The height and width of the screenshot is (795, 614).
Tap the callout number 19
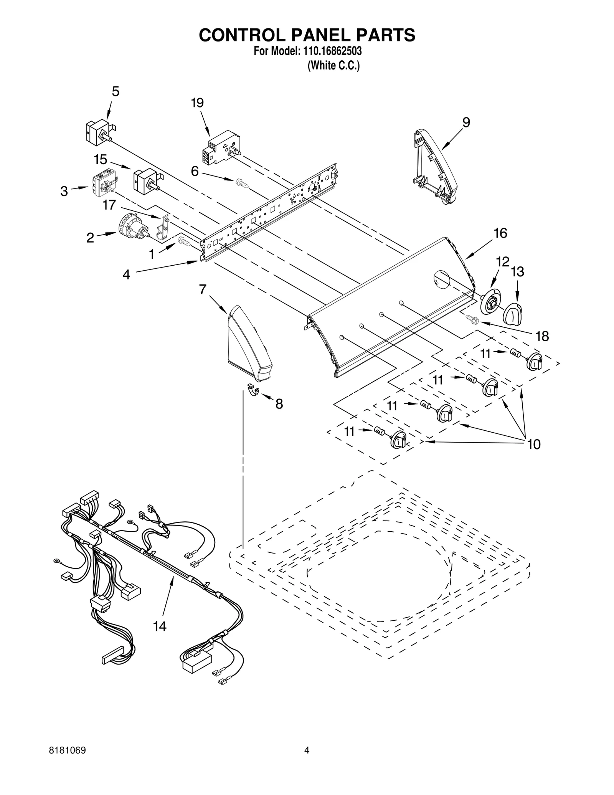[x=197, y=103]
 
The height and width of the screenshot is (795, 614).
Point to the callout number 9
[x=466, y=122]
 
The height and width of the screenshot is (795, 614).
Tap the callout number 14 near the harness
[x=160, y=626]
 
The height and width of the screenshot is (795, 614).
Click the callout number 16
[x=500, y=233]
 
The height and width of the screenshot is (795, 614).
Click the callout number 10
[x=534, y=444]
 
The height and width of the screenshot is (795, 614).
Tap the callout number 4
[x=126, y=274]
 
